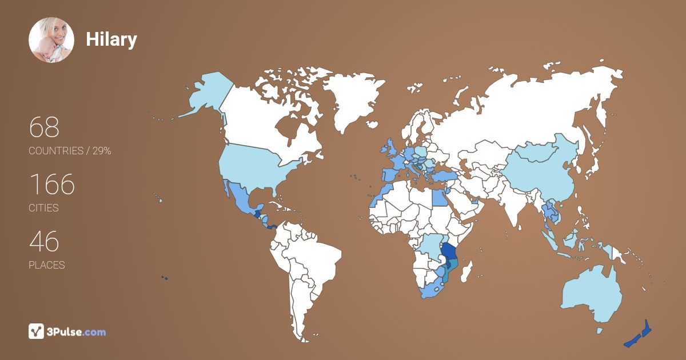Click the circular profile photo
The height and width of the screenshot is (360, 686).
[x=51, y=40]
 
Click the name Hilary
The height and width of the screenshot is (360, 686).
[x=111, y=39]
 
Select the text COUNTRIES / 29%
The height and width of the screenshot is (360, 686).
[x=70, y=151]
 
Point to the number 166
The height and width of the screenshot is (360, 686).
[x=52, y=184]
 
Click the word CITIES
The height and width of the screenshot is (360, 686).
[x=43, y=208]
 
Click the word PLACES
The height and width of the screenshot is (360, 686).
[x=46, y=265]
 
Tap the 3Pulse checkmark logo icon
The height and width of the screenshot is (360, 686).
[x=37, y=331]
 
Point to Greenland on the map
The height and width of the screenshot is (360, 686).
[x=349, y=103]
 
